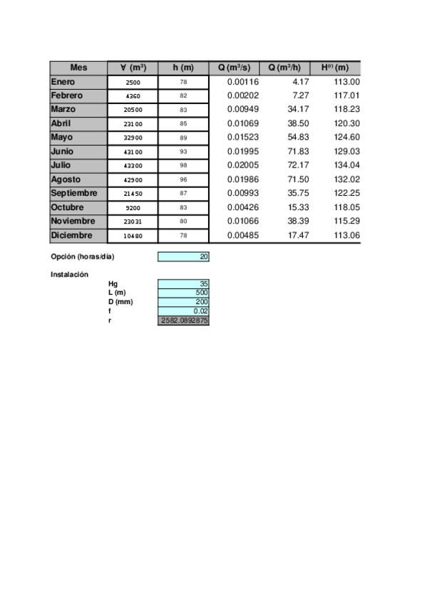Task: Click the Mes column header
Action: (78, 68)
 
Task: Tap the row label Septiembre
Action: (74, 193)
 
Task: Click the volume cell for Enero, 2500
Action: (133, 83)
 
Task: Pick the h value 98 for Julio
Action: (183, 165)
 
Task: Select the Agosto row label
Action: (66, 179)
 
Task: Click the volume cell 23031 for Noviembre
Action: (133, 222)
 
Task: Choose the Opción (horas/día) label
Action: (83, 256)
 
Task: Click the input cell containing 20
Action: (183, 256)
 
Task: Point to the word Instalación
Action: (69, 274)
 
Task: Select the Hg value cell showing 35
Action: (183, 284)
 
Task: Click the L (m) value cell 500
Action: (183, 293)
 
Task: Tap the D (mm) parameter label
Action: (120, 302)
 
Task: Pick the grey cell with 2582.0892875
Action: (183, 321)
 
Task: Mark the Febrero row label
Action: (67, 95)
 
